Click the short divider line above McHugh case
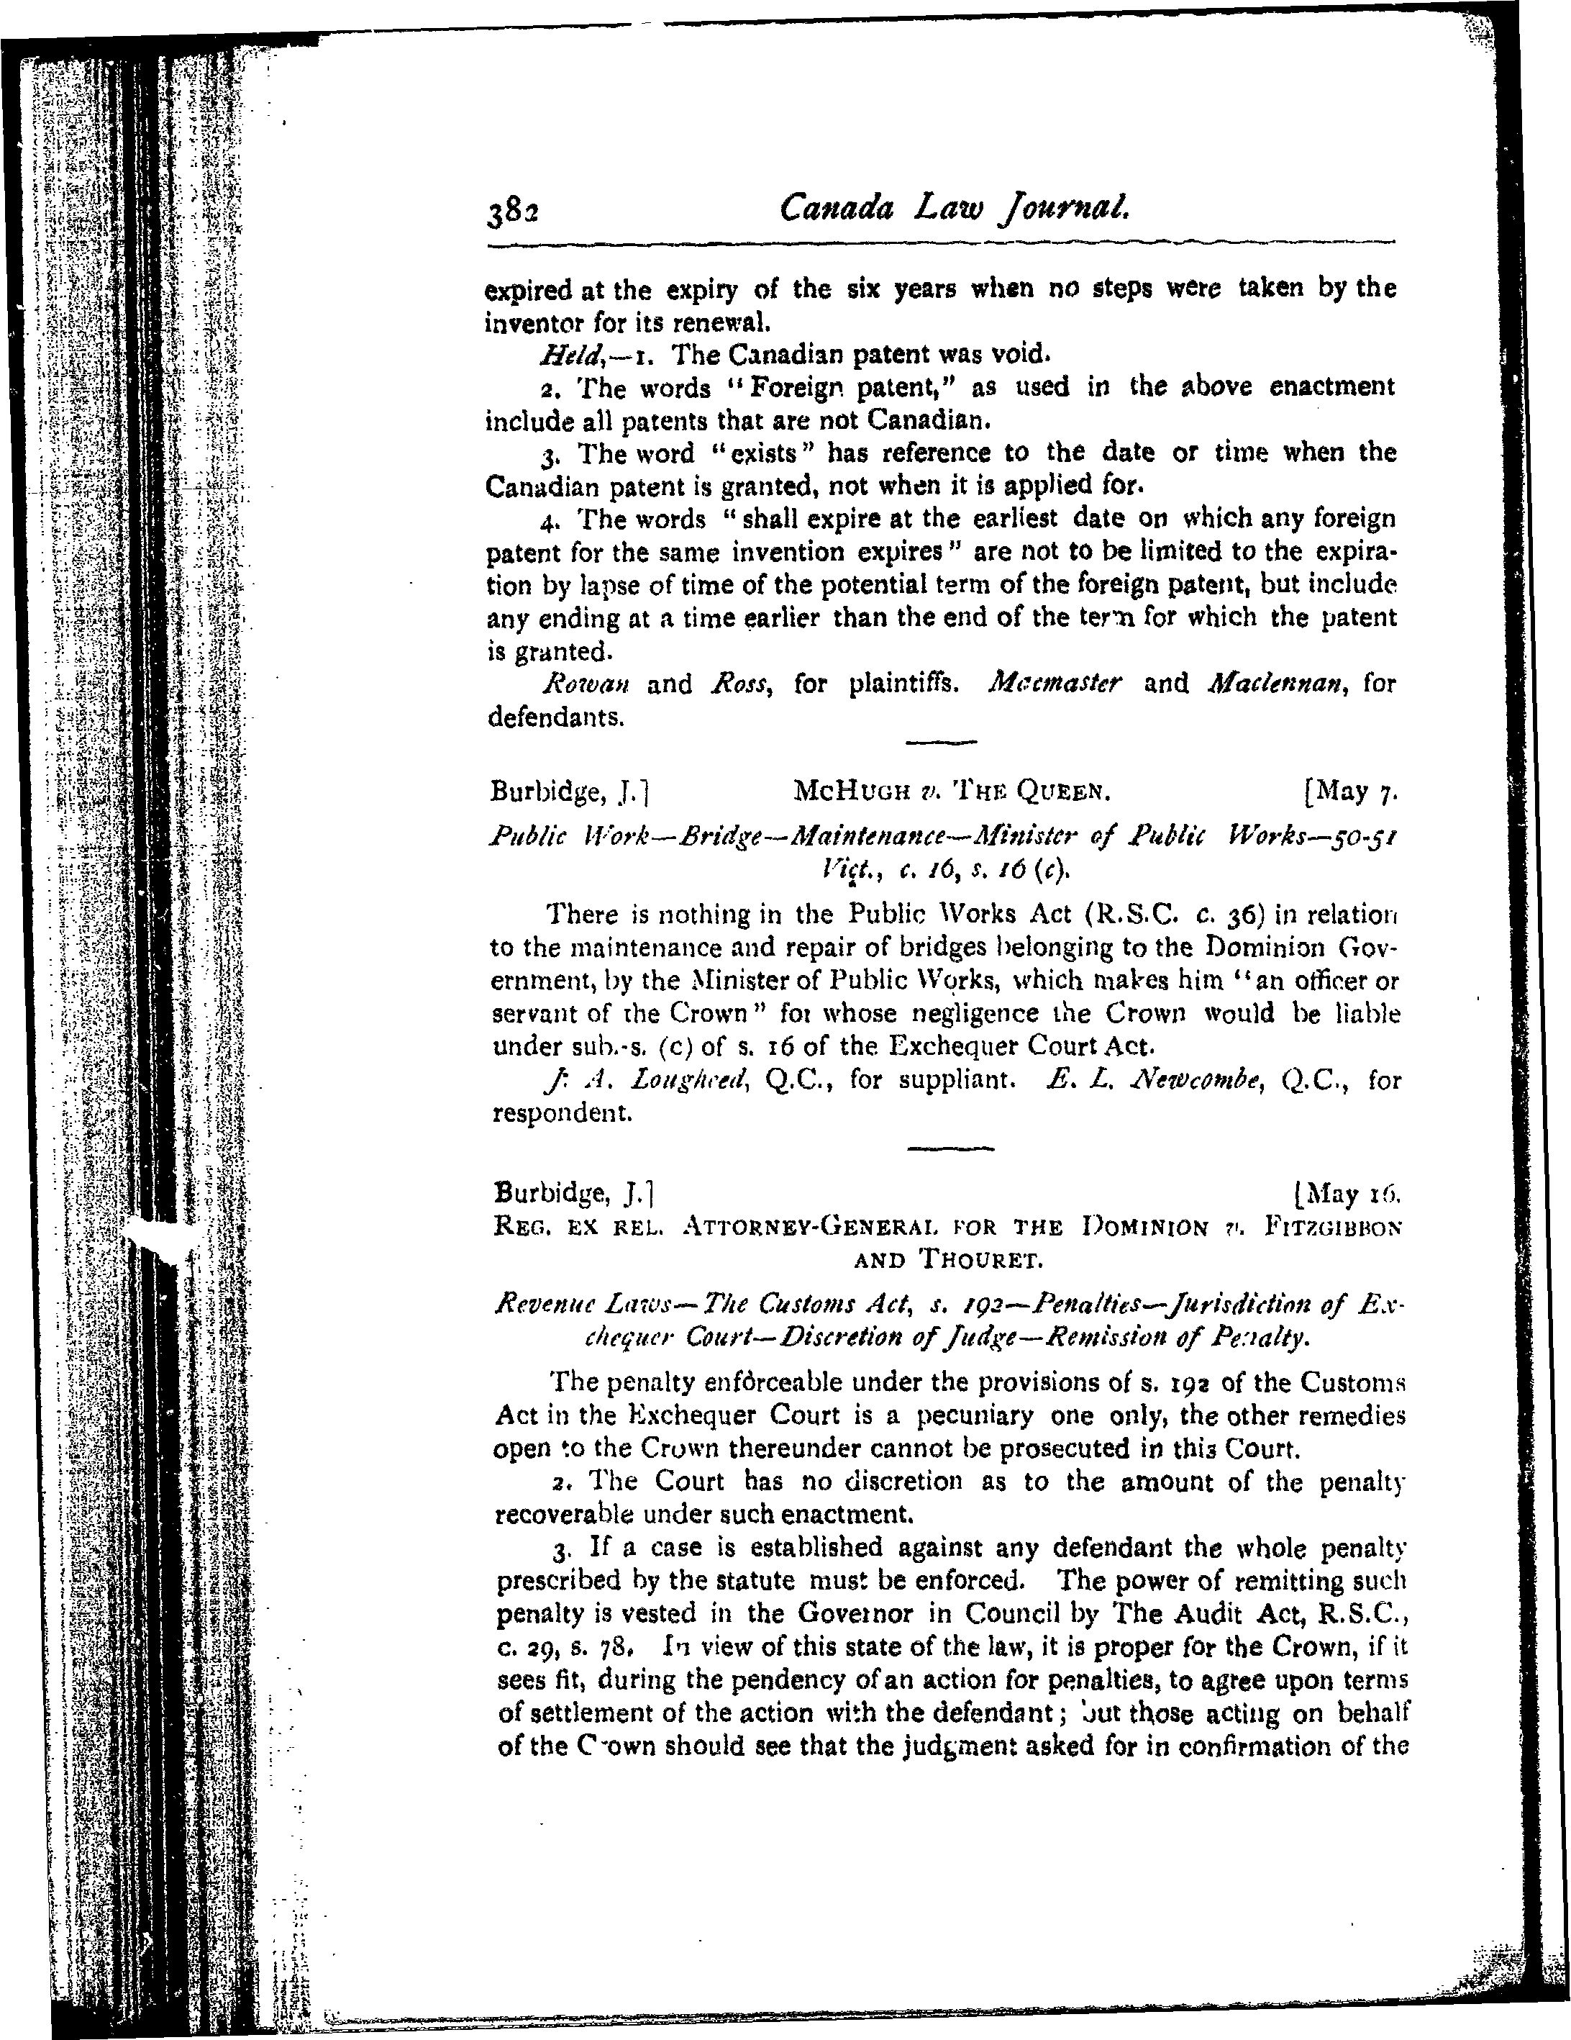pos(941,743)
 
